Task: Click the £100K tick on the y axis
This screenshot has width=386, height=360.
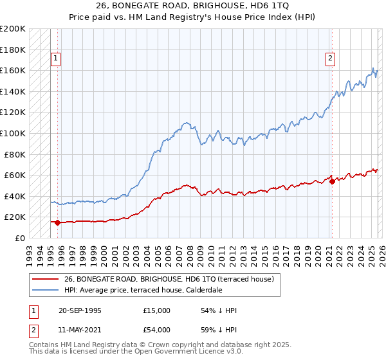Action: pos(13,133)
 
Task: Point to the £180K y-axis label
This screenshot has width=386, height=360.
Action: pos(13,49)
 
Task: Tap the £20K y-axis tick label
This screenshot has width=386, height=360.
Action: pos(15,217)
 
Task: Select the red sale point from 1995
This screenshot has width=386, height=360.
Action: pos(57,222)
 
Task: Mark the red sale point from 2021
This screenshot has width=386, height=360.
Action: pos(332,181)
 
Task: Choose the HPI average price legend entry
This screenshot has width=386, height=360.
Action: pos(143,290)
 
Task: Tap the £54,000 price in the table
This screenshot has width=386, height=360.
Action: pos(156,329)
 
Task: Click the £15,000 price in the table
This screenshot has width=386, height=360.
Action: pos(156,310)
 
